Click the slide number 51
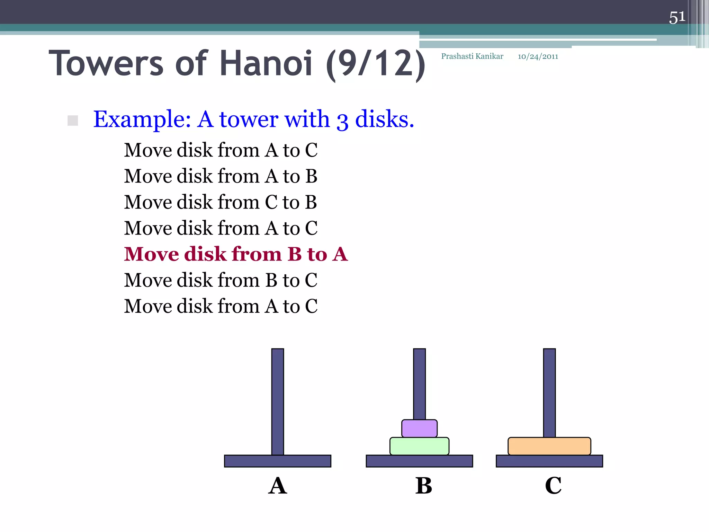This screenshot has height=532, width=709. (677, 17)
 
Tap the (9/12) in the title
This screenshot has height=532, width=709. (376, 64)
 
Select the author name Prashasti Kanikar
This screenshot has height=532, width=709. (472, 56)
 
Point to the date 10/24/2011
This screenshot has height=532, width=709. (538, 57)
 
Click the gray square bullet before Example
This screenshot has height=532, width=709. (73, 121)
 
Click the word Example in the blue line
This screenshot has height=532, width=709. (142, 119)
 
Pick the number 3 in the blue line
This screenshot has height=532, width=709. (342, 121)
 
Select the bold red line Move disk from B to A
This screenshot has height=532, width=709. (236, 254)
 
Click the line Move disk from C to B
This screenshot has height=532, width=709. (221, 202)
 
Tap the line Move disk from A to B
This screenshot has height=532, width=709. (221, 176)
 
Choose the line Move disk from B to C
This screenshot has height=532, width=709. (221, 280)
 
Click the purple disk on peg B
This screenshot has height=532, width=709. (419, 428)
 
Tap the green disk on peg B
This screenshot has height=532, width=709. (419, 446)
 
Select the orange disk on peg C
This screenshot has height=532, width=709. (549, 446)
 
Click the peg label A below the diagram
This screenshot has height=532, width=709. (278, 486)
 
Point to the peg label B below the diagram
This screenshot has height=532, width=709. (424, 486)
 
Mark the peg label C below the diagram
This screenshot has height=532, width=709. (553, 486)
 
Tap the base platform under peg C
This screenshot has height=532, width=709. (549, 461)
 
